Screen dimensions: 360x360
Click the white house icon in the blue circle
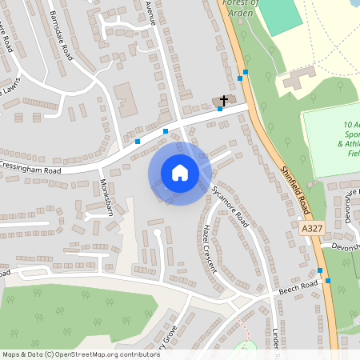pos(179,172)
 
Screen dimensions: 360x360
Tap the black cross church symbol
pos(224,101)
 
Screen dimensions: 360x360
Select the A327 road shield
pos(314,229)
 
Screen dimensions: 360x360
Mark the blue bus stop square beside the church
pos(219,109)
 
